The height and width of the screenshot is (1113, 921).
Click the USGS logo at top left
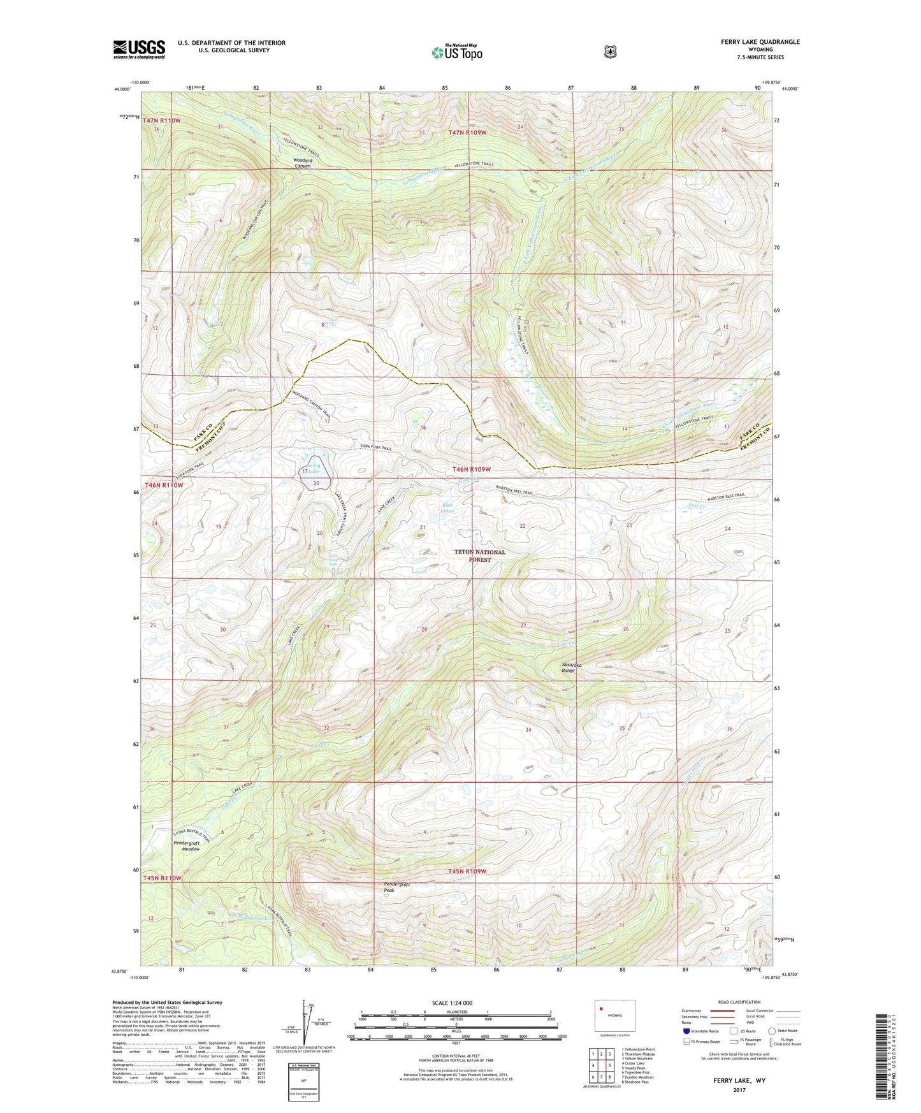(x=139, y=49)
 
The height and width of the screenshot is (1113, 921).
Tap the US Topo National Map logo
(x=456, y=52)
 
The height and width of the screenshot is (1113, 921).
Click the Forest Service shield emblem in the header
(x=610, y=52)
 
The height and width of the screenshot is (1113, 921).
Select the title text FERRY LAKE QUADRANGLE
(x=760, y=42)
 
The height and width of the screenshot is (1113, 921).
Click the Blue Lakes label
(x=448, y=508)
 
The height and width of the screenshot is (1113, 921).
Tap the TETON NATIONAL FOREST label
(x=480, y=556)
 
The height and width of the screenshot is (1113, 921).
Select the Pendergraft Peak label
(x=397, y=887)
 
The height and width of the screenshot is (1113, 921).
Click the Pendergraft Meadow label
(x=186, y=845)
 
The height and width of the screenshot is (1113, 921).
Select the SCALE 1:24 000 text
(x=451, y=1003)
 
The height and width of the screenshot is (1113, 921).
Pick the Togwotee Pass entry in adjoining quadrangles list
(x=635, y=1072)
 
